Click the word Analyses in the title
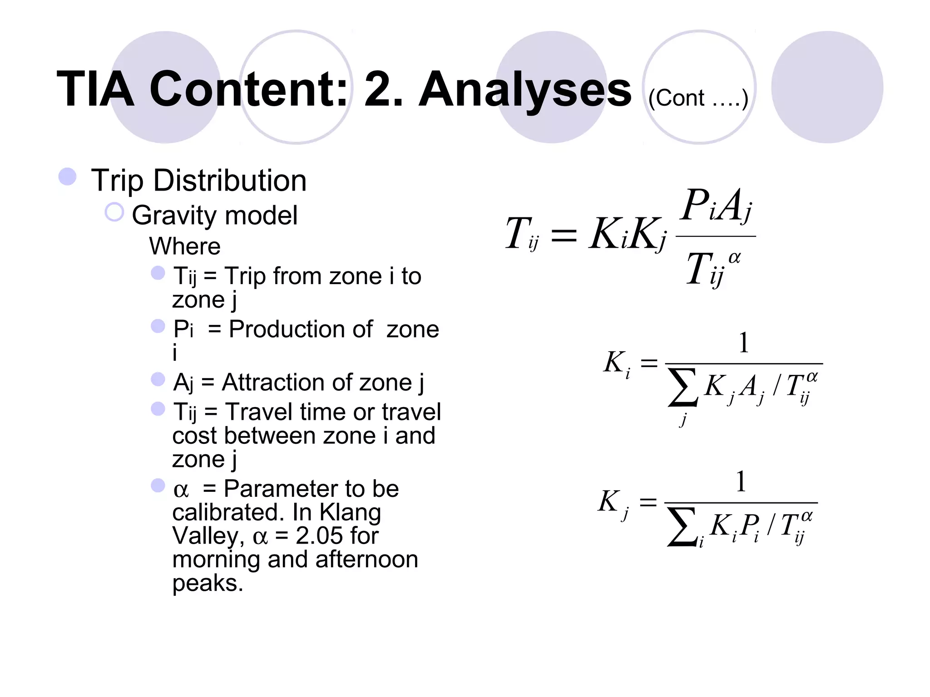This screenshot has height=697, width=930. [x=524, y=90]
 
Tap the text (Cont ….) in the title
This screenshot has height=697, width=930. [x=698, y=98]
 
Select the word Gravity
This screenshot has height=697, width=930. [x=172, y=216]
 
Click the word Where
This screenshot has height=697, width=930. [x=185, y=246]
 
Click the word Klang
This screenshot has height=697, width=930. [x=350, y=512]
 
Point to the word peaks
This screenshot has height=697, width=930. [x=207, y=583]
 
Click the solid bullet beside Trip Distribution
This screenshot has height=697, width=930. [x=68, y=177]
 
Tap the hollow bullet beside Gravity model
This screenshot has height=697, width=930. [x=114, y=212]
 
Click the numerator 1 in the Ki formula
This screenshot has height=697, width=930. [x=743, y=343]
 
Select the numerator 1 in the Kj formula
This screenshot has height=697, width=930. [x=741, y=482]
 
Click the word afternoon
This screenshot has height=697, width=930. [x=366, y=560]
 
